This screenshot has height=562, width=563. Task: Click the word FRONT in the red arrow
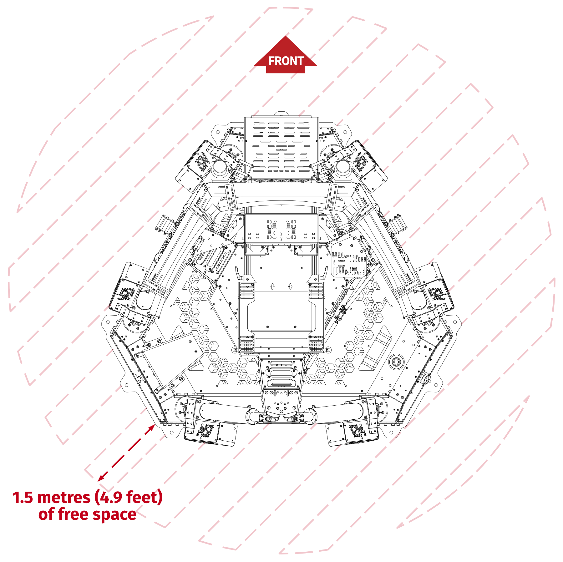tap(286, 61)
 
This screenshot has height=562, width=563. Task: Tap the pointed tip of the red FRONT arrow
tap(285, 36)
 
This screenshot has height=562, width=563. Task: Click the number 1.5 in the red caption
tap(23, 498)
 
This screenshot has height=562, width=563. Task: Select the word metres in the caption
tap(64, 498)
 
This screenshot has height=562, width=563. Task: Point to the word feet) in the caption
tap(145, 497)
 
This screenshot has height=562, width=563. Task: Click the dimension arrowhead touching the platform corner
tap(151, 428)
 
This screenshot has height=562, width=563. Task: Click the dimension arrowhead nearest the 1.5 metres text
tap(102, 477)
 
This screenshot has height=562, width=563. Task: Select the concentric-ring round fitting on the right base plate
tap(396, 362)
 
